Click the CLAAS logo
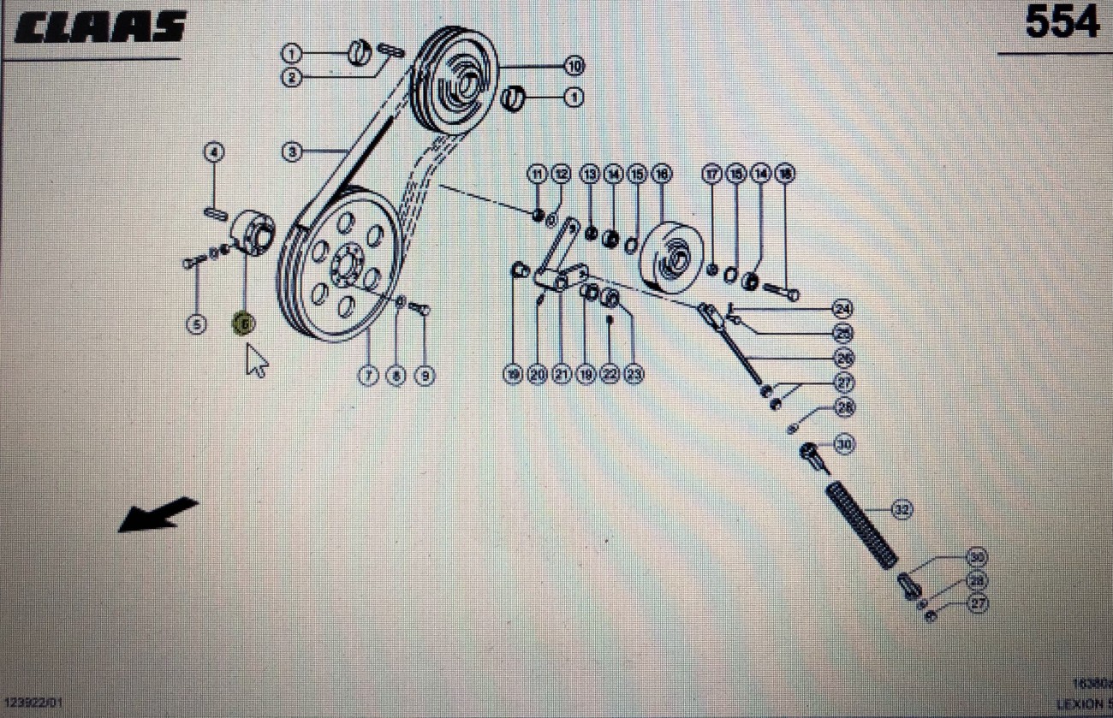click(x=100, y=28)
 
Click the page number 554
click(x=1062, y=23)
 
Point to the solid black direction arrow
click(x=158, y=514)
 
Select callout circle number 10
click(x=573, y=66)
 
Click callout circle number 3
click(x=292, y=152)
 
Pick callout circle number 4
click(x=214, y=153)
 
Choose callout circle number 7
click(x=368, y=375)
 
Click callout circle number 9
click(x=423, y=375)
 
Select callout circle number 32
click(x=902, y=509)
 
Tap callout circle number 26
click(x=844, y=358)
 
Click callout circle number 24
click(x=843, y=308)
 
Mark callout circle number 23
click(x=634, y=374)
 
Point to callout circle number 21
click(x=562, y=374)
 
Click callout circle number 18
click(x=784, y=174)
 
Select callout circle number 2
click(x=292, y=78)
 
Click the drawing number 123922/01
click(x=32, y=702)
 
